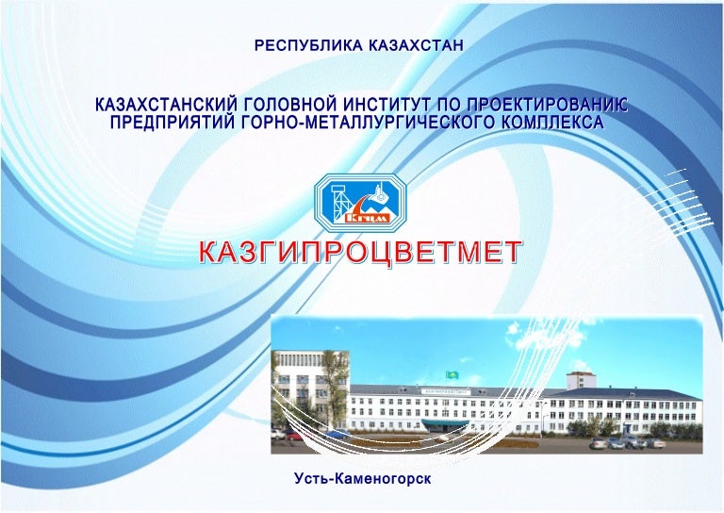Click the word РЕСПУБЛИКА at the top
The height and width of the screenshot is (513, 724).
[303, 44]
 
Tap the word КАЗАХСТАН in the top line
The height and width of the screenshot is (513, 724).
[413, 44]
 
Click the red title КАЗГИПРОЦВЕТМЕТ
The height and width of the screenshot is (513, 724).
[359, 253]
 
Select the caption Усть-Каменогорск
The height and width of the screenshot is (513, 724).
[362, 480]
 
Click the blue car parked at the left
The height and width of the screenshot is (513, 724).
[337, 436]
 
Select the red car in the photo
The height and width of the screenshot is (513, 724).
[294, 437]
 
